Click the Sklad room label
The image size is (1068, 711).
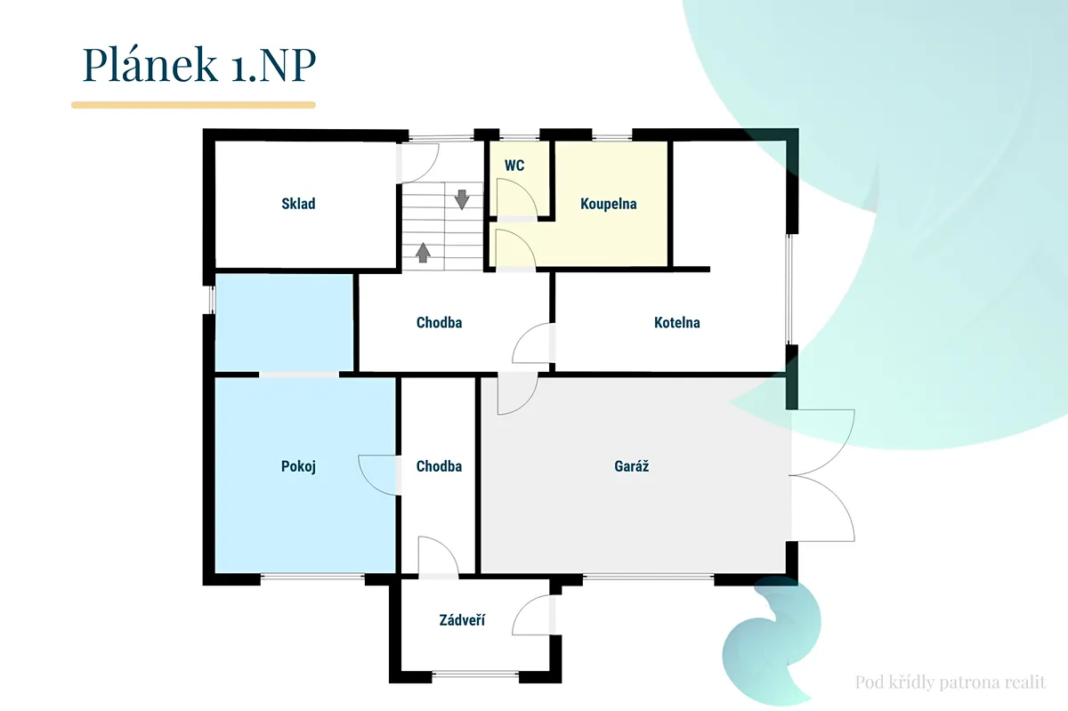pyautogui.click(x=298, y=204)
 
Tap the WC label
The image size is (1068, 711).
pyautogui.click(x=514, y=166)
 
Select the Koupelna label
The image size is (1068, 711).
pyautogui.click(x=609, y=204)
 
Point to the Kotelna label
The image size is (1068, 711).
pyautogui.click(x=677, y=323)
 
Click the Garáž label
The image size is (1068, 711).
pyautogui.click(x=631, y=466)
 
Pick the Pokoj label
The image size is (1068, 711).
pyautogui.click(x=298, y=466)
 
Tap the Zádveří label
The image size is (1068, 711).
pyautogui.click(x=462, y=620)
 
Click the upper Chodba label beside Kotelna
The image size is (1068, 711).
pyautogui.click(x=439, y=323)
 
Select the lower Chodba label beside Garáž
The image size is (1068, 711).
pyautogui.click(x=439, y=466)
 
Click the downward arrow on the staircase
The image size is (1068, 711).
pyautogui.click(x=462, y=199)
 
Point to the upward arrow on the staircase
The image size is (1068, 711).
pyautogui.click(x=423, y=253)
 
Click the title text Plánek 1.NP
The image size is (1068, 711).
pyautogui.click(x=199, y=64)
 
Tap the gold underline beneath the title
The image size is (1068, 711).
pyautogui.click(x=193, y=105)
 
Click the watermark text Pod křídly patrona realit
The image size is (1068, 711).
pyautogui.click(x=951, y=682)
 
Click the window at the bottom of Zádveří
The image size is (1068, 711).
pyautogui.click(x=475, y=675)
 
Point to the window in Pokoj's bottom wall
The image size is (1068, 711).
pyautogui.click(x=312, y=578)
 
